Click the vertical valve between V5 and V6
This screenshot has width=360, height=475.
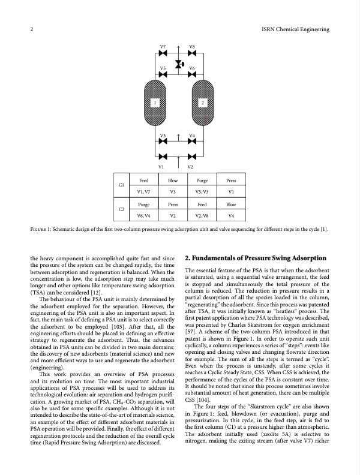click(178, 65)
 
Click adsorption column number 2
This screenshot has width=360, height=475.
click(202, 103)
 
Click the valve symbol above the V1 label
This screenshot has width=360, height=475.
click(163, 157)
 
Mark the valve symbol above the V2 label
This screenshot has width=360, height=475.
click(193, 157)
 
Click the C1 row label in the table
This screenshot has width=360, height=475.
click(122, 186)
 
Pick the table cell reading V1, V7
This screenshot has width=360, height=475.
click(144, 192)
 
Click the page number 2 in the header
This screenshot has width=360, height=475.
click(31, 29)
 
